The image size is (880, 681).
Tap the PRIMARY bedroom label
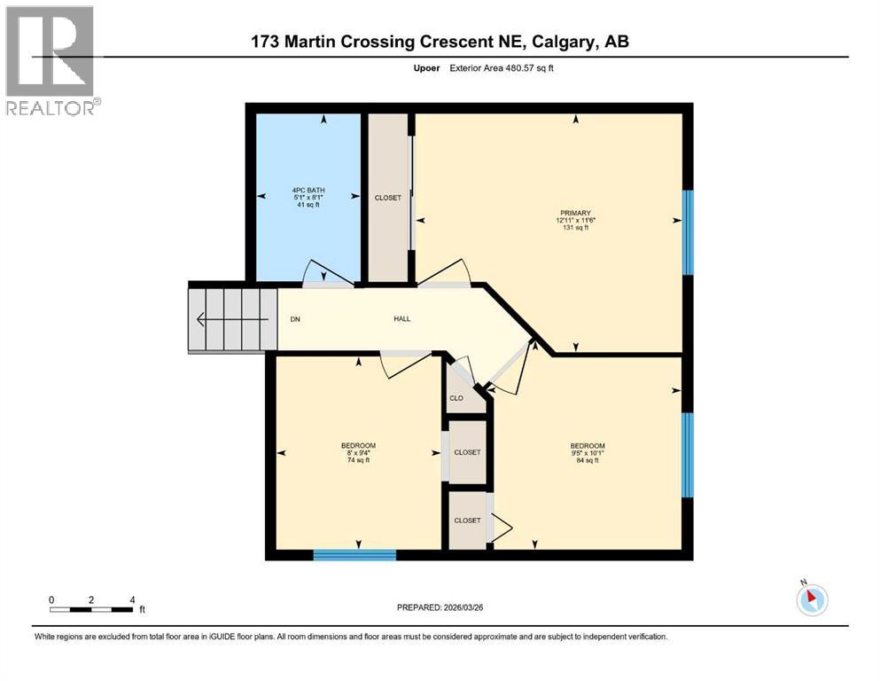[574, 213]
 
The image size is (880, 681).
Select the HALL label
[402, 319]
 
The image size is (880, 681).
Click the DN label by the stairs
[295, 319]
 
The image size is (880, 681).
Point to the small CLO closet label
[456, 398]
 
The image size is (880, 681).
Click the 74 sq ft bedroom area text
[359, 460]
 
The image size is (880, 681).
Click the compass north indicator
[811, 599]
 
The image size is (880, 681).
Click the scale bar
[92, 609]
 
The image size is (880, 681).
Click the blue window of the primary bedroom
[688, 232]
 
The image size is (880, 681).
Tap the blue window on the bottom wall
[354, 555]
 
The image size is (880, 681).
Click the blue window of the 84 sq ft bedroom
[688, 455]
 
